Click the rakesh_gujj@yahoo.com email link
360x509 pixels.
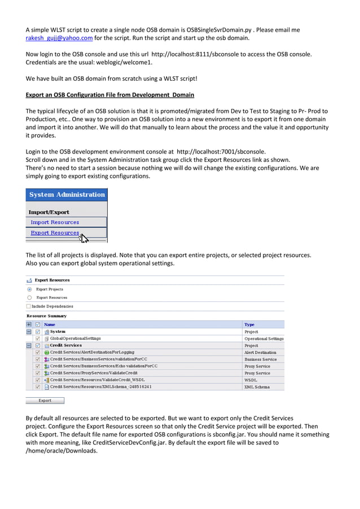[x=59, y=38]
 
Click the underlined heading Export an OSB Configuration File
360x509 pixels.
[x=110, y=95]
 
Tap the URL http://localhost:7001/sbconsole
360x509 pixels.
[x=221, y=151]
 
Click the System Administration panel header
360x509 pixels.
[x=67, y=195]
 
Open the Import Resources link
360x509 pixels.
[x=55, y=222]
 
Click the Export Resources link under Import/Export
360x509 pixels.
[x=55, y=232]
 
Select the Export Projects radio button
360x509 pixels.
[x=29, y=289]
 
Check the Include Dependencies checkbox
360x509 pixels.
[x=29, y=306]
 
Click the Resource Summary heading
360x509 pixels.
[x=46, y=316]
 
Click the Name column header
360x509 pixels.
[x=50, y=324]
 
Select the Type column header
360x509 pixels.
[x=249, y=324]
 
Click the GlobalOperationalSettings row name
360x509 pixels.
[x=76, y=339]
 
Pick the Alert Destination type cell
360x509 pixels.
[x=260, y=352]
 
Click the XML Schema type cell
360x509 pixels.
[x=257, y=387]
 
